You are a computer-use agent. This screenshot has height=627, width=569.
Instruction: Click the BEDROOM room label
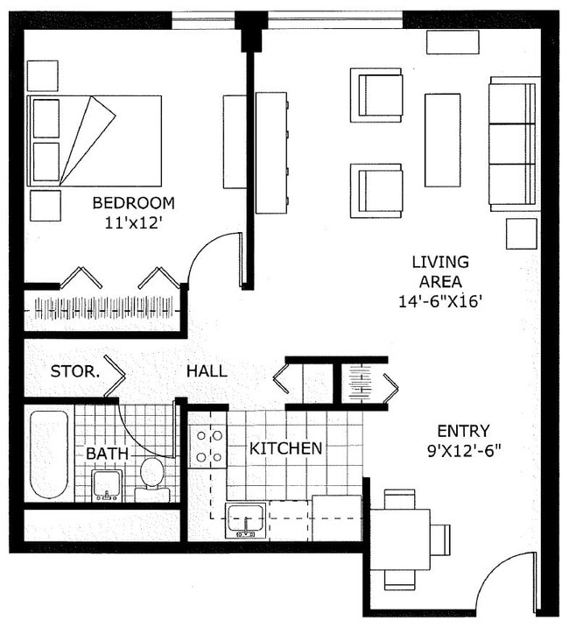[x=133, y=203]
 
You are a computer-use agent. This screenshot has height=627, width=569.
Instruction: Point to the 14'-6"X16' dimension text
[x=440, y=301]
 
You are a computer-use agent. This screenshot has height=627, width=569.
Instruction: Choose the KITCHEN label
[x=286, y=448]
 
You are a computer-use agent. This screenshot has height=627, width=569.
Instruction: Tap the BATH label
[x=106, y=454]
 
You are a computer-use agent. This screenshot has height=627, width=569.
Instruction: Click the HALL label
[x=207, y=371]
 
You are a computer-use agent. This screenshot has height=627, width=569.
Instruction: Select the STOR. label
[x=74, y=370]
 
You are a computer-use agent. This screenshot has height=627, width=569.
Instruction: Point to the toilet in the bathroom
[x=152, y=477]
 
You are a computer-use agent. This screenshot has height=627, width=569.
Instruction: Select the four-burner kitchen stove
[x=208, y=445]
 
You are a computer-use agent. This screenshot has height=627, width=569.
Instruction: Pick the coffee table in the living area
[x=442, y=140]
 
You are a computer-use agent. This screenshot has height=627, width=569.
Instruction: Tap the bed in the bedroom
[x=95, y=140]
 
